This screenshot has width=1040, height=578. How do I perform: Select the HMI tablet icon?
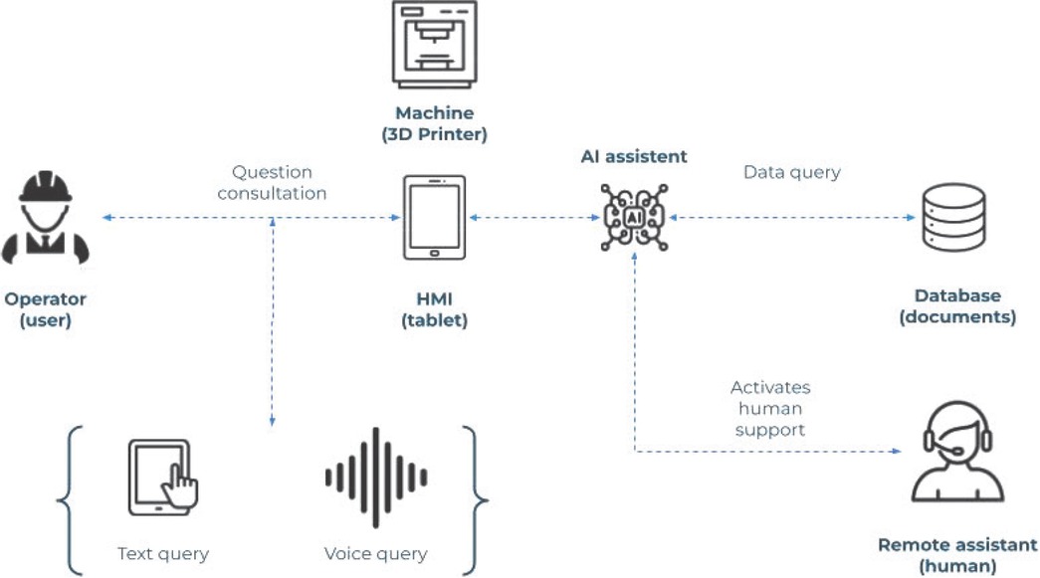pyautogui.click(x=434, y=218)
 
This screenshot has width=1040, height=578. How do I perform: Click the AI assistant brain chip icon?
pyautogui.click(x=634, y=217)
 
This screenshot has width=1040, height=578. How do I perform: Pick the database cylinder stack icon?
pyautogui.click(x=955, y=217)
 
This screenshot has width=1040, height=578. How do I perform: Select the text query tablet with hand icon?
pyautogui.click(x=162, y=477)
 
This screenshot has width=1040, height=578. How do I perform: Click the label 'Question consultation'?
pyautogui.click(x=272, y=183)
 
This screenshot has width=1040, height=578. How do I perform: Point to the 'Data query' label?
pyautogui.click(x=791, y=172)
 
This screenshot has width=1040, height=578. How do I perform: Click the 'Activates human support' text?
pyautogui.click(x=769, y=408)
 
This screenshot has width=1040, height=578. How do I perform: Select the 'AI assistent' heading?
pyautogui.click(x=634, y=156)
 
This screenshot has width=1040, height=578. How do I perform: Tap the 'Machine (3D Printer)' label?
pyautogui.click(x=434, y=122)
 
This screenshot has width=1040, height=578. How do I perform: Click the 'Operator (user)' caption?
pyautogui.click(x=46, y=308)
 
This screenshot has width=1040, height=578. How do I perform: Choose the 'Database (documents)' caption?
pyautogui.click(x=956, y=306)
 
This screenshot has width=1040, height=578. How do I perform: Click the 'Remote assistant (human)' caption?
pyautogui.click(x=956, y=554)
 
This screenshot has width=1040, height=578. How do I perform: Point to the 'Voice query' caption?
pyautogui.click(x=375, y=553)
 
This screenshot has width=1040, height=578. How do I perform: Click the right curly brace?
pyautogui.click(x=480, y=501)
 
